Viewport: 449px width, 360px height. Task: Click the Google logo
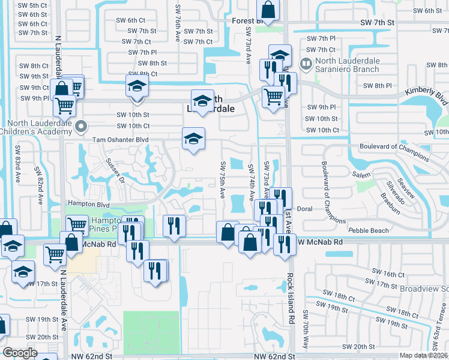(20, 353)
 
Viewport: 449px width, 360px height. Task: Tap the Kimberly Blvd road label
(426, 95)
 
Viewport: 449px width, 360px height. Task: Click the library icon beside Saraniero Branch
(306, 62)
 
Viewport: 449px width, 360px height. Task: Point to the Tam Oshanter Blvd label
(120, 139)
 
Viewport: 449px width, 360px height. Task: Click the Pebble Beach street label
(367, 230)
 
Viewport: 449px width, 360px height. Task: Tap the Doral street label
(305, 209)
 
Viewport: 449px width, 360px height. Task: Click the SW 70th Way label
(306, 330)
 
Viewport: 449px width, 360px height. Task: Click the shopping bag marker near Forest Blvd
(268, 10)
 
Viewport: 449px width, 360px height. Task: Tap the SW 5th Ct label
(32, 5)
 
